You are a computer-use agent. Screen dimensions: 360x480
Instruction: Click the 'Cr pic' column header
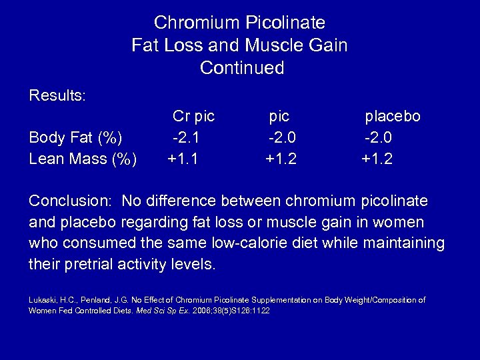point(193,116)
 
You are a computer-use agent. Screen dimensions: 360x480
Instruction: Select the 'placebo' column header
point(392,117)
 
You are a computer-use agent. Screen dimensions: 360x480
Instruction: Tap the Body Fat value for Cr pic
point(186,138)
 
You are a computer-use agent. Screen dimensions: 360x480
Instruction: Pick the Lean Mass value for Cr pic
point(183,159)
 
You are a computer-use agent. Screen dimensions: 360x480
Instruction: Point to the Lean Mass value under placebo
point(377,159)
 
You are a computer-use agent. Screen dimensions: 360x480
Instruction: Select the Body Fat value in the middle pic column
point(281,138)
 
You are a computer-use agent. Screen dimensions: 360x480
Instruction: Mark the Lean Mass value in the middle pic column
point(281,159)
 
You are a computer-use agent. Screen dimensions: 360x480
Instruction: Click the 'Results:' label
point(57,95)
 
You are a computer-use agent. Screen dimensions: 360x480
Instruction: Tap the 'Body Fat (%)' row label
point(76,139)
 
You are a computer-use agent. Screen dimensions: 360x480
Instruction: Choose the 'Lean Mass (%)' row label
point(83,160)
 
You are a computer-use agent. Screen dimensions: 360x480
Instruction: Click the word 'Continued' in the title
point(241,68)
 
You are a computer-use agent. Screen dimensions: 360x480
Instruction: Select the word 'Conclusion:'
point(69,201)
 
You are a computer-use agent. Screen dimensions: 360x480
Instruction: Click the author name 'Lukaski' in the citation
point(41,301)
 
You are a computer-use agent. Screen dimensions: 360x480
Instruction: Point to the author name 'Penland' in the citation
point(92,301)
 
